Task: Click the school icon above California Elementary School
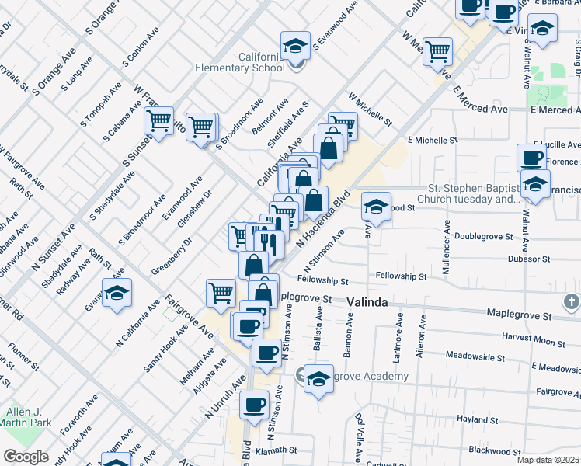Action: (295, 47)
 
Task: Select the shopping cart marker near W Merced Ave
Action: (438, 52)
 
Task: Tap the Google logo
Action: (26, 457)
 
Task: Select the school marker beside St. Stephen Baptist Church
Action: (535, 184)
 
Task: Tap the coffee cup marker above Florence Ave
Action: (532, 158)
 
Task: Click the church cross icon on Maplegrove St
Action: (570, 301)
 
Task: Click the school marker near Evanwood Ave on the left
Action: (117, 293)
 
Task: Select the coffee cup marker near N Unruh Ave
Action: (254, 404)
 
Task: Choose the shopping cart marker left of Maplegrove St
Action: (221, 293)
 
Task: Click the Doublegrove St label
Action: (484, 235)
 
